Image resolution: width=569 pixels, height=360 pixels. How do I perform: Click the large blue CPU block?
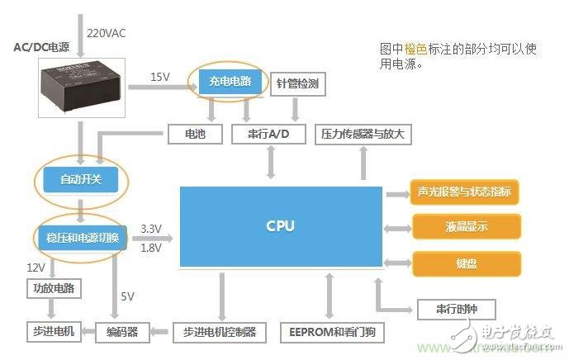coord(281,226)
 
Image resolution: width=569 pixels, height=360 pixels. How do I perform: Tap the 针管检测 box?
coord(295,85)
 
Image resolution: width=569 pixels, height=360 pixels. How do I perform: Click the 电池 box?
coord(195,134)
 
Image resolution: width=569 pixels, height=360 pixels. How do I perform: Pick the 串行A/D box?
coord(269,134)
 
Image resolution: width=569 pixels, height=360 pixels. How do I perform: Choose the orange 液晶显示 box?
coord(466,227)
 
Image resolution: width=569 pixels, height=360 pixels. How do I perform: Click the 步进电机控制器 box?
coord(220,333)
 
